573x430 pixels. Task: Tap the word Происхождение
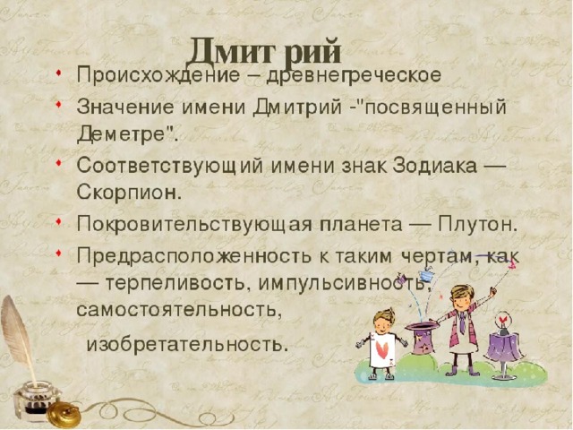coord(158,75)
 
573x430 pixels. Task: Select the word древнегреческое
coord(354,75)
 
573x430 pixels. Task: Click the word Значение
coord(125,107)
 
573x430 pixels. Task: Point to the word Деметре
coord(124,134)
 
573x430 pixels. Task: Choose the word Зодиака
coord(435,167)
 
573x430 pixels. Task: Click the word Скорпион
coord(129,192)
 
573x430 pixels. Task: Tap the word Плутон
coord(477,224)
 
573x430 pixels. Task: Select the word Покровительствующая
coord(194,224)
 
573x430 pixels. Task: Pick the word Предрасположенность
coord(194,256)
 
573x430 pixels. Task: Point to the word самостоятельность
coord(179,310)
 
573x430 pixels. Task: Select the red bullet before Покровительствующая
coord(58,221)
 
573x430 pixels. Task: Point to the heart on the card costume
coord(382,350)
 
